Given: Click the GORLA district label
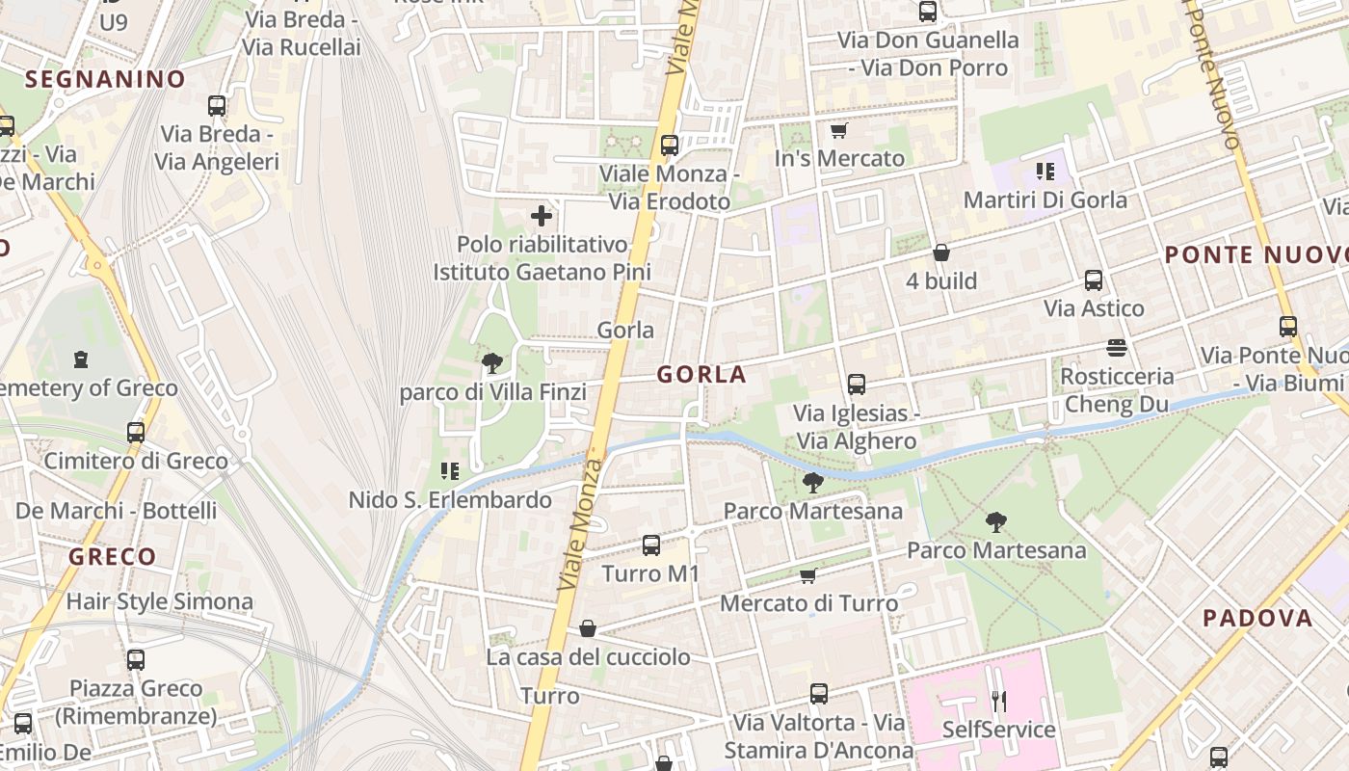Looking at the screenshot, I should click(701, 375).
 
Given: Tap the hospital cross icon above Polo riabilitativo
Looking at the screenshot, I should click(542, 216).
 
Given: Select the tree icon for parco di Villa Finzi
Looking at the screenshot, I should click(492, 363).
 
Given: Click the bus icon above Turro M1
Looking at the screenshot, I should click(651, 545).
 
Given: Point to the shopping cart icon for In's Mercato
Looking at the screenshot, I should click(838, 130).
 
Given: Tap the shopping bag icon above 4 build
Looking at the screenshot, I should click(941, 253).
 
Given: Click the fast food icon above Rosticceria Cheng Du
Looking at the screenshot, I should click(1117, 347).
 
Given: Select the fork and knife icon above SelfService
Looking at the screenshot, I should click(999, 701).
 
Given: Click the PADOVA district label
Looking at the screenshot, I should click(1257, 619).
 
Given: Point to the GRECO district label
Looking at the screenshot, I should click(112, 556).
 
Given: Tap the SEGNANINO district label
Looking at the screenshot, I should click(105, 79).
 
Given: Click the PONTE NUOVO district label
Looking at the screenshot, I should click(1256, 255).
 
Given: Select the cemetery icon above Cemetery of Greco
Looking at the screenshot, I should click(80, 359).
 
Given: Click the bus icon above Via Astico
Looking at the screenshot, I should click(1094, 280).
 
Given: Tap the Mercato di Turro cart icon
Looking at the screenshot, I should click(808, 575).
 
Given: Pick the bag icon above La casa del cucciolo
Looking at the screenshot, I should click(588, 629).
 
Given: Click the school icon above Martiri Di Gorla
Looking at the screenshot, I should click(1045, 172).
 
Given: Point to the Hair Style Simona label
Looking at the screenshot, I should click(159, 602).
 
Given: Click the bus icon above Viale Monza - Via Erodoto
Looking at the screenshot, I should click(670, 146).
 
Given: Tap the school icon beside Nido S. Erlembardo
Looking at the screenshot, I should click(449, 471).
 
